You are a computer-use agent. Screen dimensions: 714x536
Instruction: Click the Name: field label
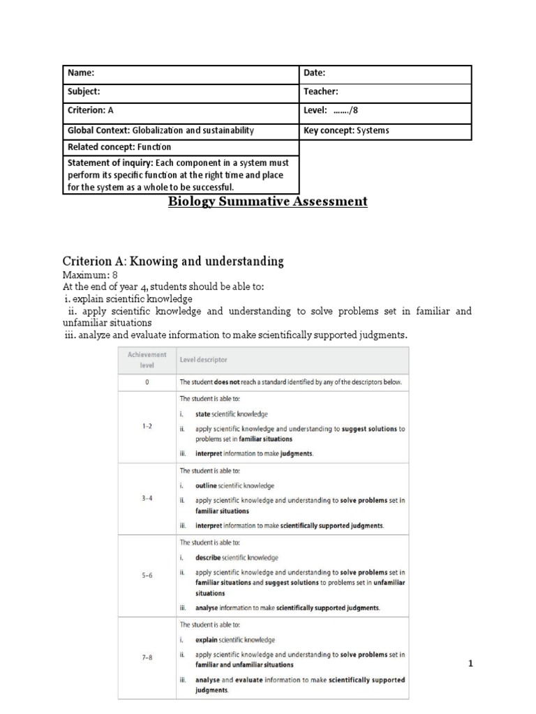point(81,73)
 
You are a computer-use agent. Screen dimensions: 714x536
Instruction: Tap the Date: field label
point(315,73)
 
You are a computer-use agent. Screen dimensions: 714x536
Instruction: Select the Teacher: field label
point(321,91)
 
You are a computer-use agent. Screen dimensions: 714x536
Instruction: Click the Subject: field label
point(84,91)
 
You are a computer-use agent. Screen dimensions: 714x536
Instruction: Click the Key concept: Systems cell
point(346,130)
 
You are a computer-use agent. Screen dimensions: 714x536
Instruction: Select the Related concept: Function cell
point(119,147)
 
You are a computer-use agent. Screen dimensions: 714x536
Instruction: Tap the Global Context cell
point(161,130)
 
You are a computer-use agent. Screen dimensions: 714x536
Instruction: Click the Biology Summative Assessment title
point(267,202)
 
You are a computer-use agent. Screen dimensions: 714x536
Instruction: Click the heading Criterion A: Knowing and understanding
point(173,261)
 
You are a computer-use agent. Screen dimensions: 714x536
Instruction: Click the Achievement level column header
point(147,360)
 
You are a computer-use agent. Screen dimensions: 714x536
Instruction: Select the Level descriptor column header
point(203,360)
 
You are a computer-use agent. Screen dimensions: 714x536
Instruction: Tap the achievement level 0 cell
point(147,382)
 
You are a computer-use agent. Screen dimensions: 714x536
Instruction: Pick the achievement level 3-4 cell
point(147,499)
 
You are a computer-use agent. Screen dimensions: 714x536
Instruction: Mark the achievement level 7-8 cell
point(147,658)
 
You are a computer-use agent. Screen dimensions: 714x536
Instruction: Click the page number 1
point(470,664)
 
